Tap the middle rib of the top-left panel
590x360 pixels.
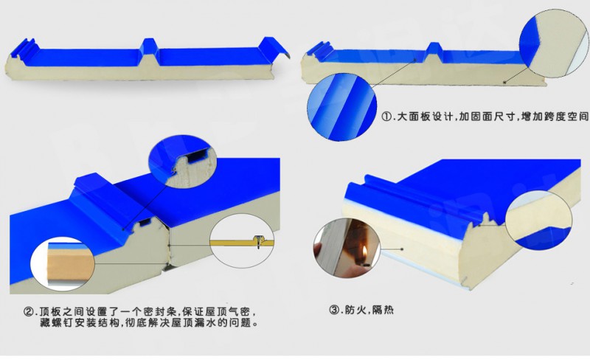click(151, 47)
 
